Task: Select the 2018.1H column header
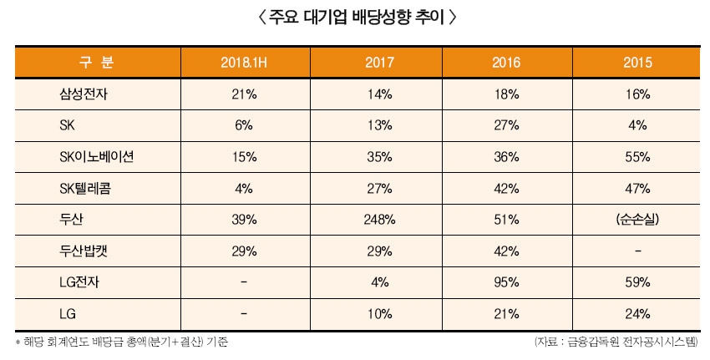(243, 63)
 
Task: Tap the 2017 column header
(379, 63)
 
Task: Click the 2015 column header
(636, 63)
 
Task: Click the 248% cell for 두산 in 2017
(379, 219)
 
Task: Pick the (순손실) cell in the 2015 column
(636, 219)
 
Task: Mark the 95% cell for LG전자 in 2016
(507, 281)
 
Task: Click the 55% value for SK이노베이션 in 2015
(636, 156)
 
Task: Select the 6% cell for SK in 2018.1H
(243, 125)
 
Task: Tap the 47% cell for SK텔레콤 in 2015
(636, 188)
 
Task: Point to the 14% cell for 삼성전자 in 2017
(379, 94)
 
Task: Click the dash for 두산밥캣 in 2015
(636, 251)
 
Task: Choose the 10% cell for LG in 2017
(379, 313)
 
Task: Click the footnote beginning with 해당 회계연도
(122, 342)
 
